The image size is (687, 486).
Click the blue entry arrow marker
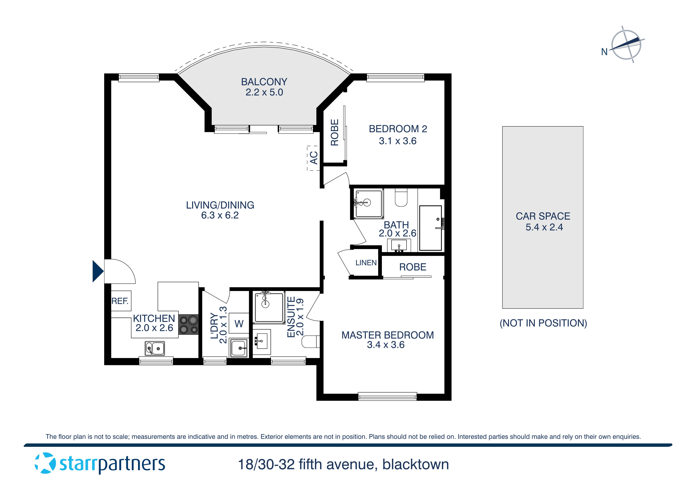(98, 271)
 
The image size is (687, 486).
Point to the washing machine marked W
(239, 323)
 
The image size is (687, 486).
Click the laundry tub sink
(239, 348)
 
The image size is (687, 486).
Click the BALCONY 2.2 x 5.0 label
(264, 87)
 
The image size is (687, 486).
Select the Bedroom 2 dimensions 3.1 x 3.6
(397, 141)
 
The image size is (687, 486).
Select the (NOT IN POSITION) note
(543, 323)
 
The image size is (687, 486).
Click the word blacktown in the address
(415, 464)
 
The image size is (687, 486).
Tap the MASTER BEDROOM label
(388, 335)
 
